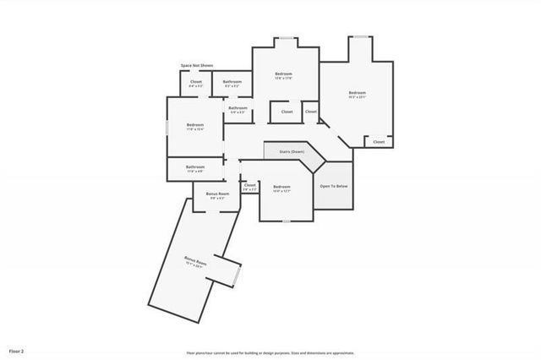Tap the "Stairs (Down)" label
292,152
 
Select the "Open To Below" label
334,186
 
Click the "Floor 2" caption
17,351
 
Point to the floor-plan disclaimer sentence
270,353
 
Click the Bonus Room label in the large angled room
196,264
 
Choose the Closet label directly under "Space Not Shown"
196,82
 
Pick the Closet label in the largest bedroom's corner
378,142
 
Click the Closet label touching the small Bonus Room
250,185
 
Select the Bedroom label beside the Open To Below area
281,188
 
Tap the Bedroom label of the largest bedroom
357,93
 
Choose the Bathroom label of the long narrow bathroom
195,167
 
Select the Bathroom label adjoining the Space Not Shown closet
232,82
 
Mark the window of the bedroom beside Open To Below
287,221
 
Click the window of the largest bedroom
361,36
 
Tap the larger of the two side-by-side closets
287,112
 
